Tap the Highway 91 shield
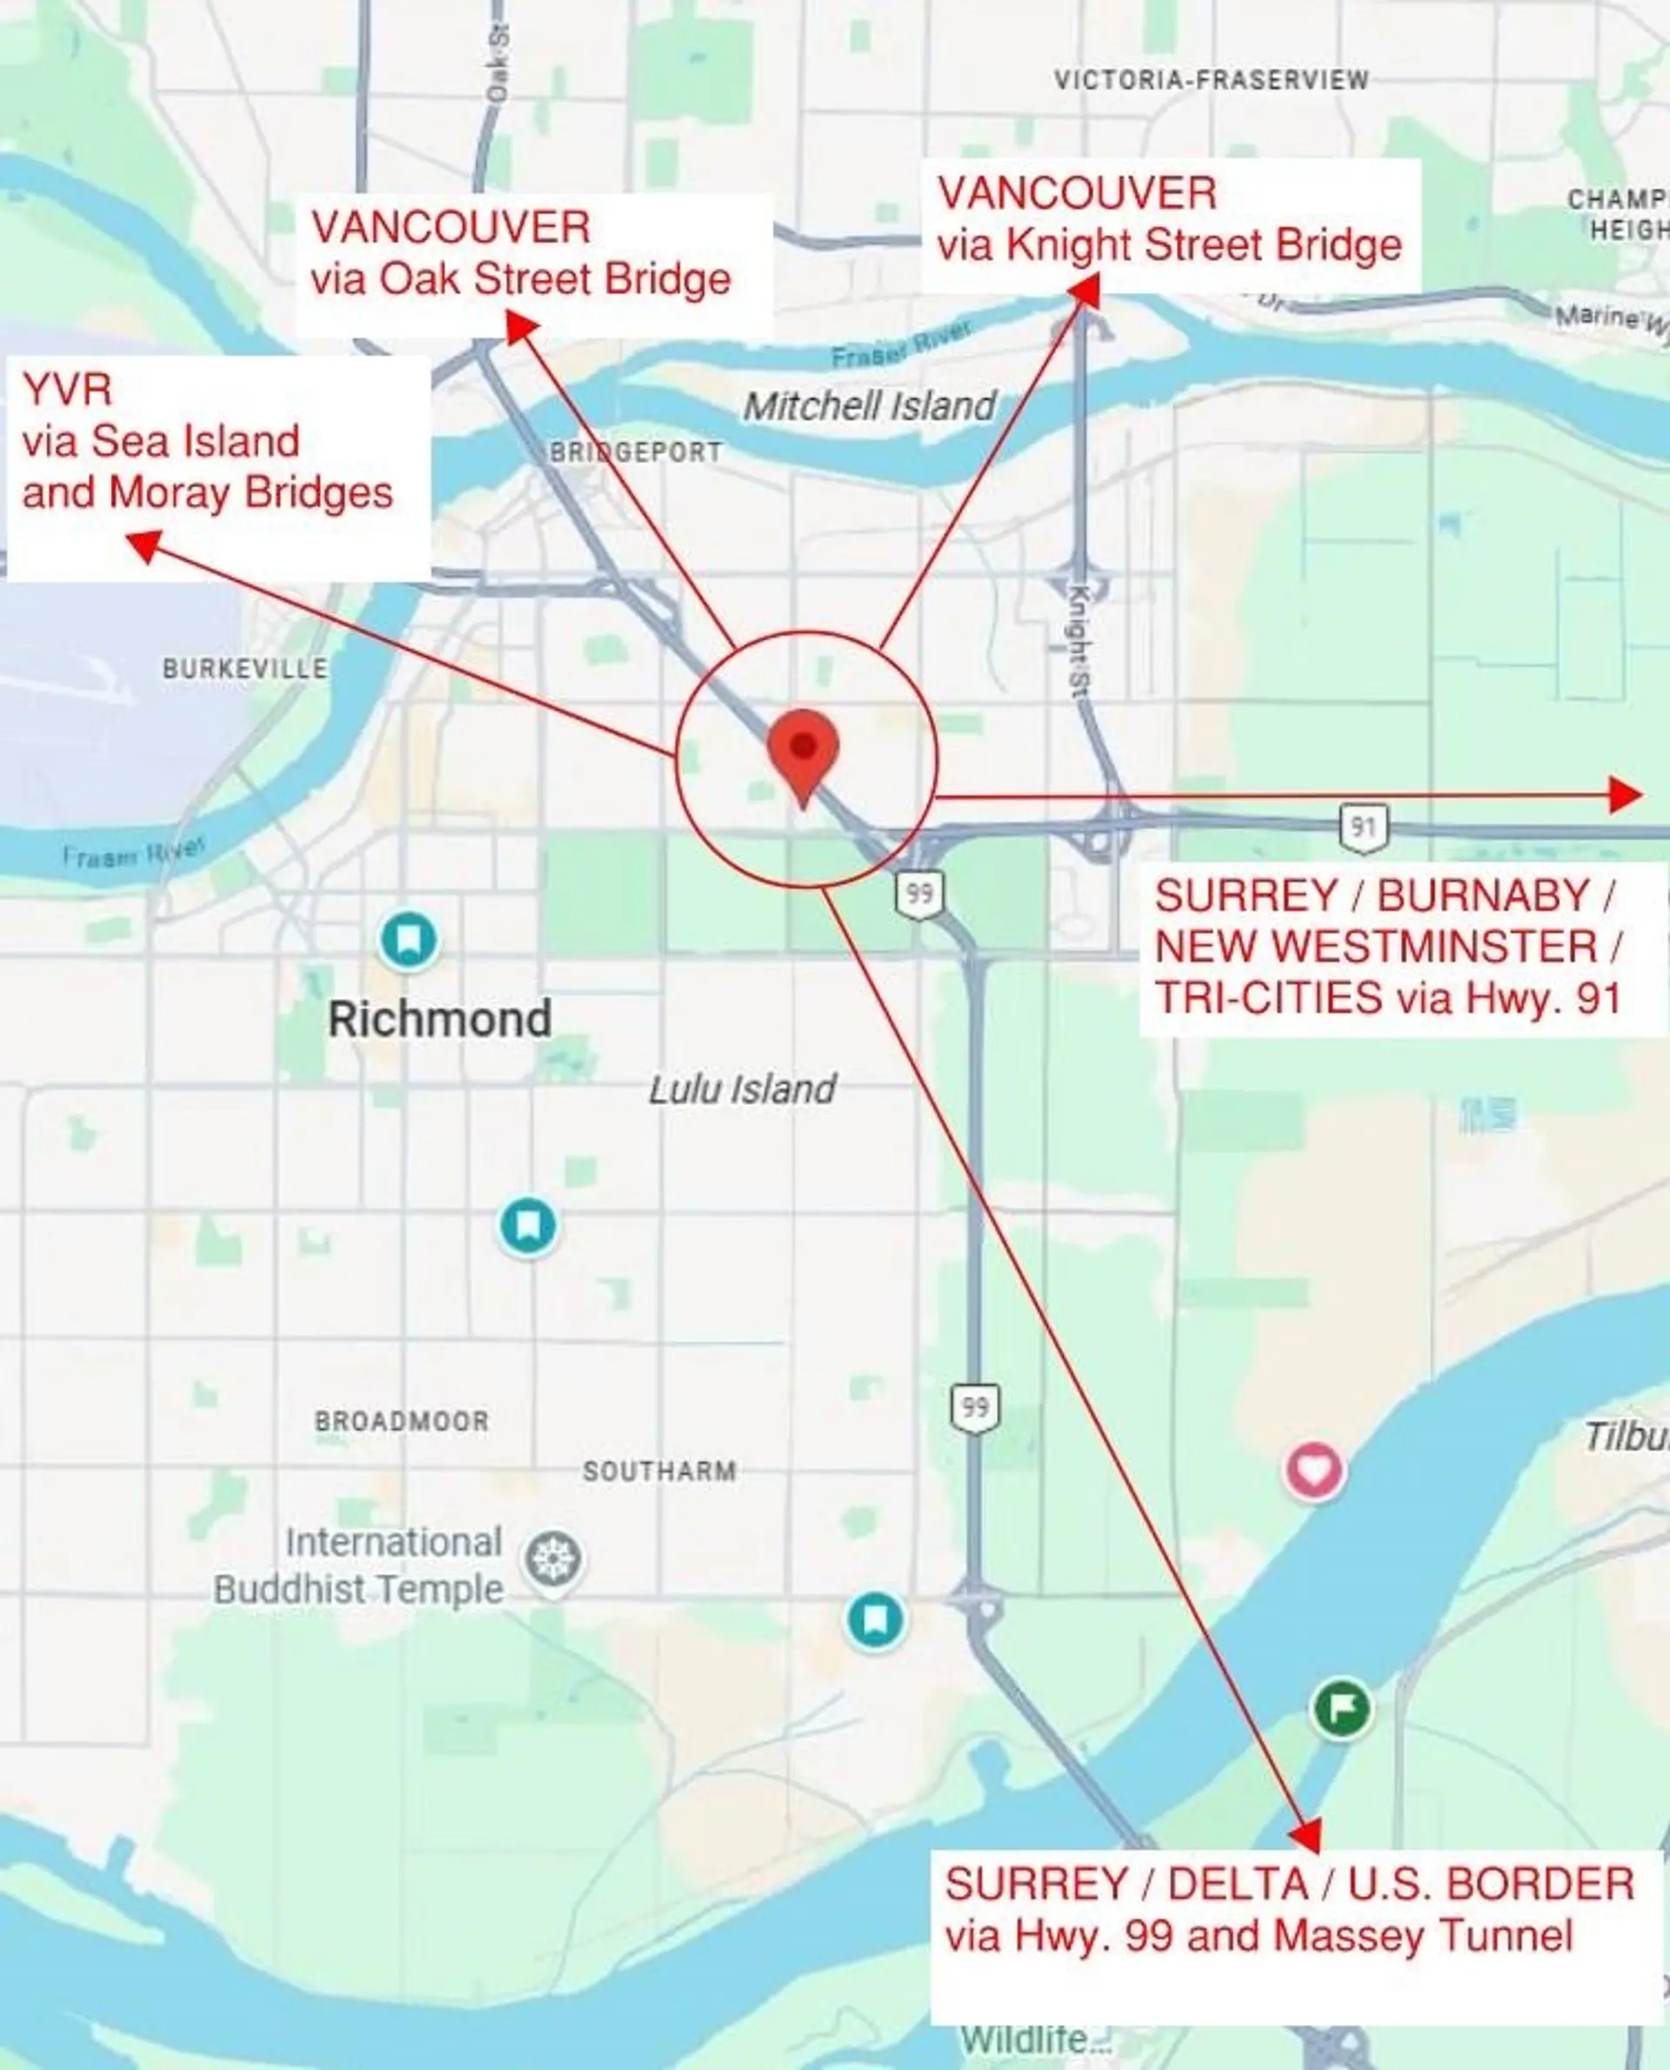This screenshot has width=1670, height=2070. (1363, 827)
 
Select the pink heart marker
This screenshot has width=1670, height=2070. (1315, 1470)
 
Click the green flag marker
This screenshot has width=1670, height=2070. (1342, 1707)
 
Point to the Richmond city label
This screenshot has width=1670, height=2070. (439, 1019)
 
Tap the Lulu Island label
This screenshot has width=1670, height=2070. (742, 1090)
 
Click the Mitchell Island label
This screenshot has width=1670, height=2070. (870, 406)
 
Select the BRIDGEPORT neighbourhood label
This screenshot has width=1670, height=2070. (635, 452)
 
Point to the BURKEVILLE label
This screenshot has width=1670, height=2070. (244, 669)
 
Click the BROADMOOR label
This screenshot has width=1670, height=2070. (402, 1420)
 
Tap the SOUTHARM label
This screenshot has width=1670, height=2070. (660, 1471)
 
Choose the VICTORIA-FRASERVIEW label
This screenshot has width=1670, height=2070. (1211, 80)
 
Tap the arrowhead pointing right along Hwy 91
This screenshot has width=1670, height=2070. (1625, 795)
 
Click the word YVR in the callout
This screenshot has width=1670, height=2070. (67, 390)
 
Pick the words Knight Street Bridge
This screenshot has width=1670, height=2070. (1204, 245)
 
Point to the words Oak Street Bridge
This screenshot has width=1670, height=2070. (555, 280)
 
